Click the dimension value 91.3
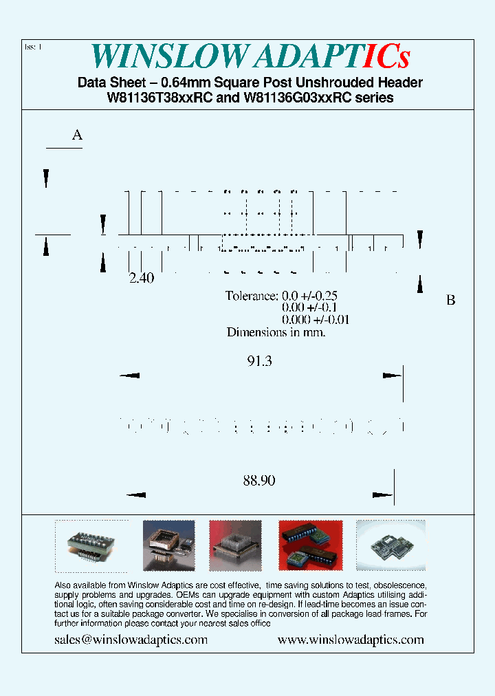tap(259, 360)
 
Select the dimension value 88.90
tap(258, 481)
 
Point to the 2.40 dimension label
tap(142, 279)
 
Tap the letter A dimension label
tap(78, 135)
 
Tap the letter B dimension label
tap(451, 301)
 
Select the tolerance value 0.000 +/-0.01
tap(316, 320)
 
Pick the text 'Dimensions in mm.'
tap(276, 332)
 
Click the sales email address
tap(131, 640)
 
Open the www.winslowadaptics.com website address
tap(351, 640)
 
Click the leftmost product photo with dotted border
tap(91, 546)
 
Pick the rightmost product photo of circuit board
tap(390, 541)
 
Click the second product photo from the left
tap(168, 545)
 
